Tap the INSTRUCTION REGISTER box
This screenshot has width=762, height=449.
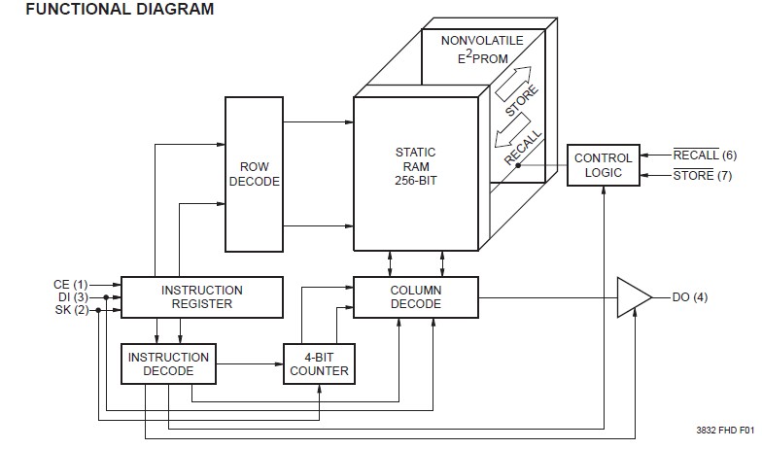coord(201,296)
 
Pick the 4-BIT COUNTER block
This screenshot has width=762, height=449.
coord(316,363)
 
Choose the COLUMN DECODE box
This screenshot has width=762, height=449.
coord(415,296)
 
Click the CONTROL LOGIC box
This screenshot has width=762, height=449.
coord(603,165)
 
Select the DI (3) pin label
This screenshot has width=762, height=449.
coord(72,296)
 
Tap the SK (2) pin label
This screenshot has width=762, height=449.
coord(72,309)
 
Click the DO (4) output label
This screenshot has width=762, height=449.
coord(689,296)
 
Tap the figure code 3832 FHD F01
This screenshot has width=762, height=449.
coord(724,429)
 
